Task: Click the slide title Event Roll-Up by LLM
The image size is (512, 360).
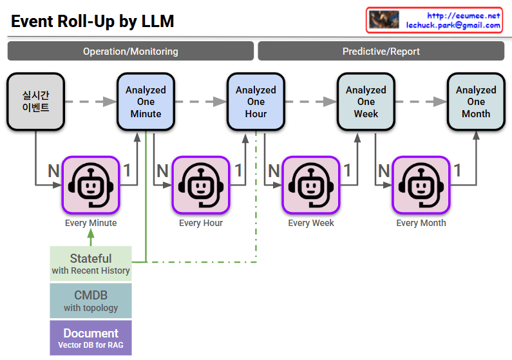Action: [x=93, y=21]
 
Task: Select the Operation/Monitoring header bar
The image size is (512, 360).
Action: [x=131, y=52]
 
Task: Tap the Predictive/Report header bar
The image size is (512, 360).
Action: [x=381, y=52]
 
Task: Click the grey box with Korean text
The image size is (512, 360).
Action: [x=35, y=102]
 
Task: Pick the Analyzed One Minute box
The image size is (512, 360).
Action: [x=146, y=102]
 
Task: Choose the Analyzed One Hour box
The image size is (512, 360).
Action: [x=256, y=102]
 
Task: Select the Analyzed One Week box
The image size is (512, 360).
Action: [x=366, y=102]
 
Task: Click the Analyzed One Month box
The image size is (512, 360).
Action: [x=476, y=102]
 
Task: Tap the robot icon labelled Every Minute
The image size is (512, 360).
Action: [x=91, y=185]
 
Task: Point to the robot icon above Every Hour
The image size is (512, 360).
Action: [x=201, y=185]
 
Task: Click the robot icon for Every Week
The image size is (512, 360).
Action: [x=311, y=185]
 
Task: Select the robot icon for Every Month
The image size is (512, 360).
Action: [x=421, y=185]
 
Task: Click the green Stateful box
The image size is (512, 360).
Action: [x=91, y=264]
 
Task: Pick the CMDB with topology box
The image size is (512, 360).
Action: [x=91, y=301]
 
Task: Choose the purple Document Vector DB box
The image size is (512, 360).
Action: [x=91, y=338]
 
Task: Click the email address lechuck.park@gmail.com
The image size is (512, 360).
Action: [x=453, y=25]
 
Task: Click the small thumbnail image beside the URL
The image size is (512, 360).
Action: [x=384, y=19]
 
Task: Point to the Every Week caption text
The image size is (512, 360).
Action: [x=311, y=223]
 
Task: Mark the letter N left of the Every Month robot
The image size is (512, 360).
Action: [x=384, y=171]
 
